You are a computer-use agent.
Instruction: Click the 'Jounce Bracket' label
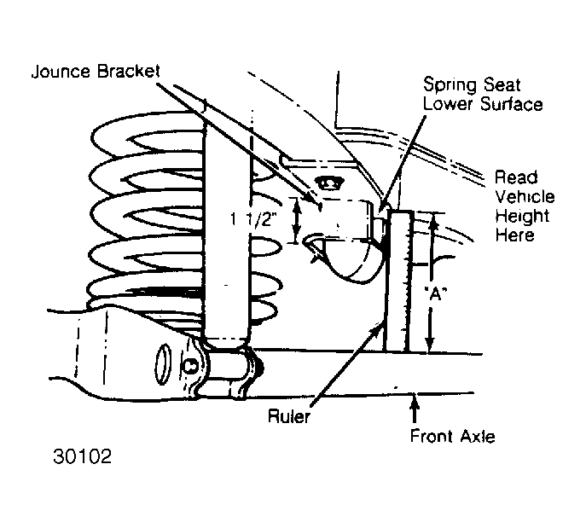(x=96, y=72)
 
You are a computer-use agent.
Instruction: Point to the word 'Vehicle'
(x=525, y=196)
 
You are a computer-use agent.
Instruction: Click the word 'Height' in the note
(x=523, y=217)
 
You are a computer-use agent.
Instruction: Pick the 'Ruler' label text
(x=289, y=416)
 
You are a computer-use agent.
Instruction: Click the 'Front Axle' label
(x=453, y=436)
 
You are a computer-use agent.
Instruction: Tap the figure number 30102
(x=82, y=456)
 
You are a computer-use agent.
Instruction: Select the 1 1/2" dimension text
(x=254, y=219)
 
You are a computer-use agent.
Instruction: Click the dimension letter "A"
(x=436, y=294)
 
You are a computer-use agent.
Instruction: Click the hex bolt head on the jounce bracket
(x=329, y=183)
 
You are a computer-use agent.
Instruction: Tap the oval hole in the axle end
(x=163, y=363)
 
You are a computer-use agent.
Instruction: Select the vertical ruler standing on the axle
(x=399, y=281)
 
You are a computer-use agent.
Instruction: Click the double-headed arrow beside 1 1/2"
(x=297, y=221)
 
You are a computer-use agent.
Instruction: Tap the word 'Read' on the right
(x=516, y=177)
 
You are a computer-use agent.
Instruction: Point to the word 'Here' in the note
(x=514, y=235)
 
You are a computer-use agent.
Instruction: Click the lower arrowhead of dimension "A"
(x=430, y=344)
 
